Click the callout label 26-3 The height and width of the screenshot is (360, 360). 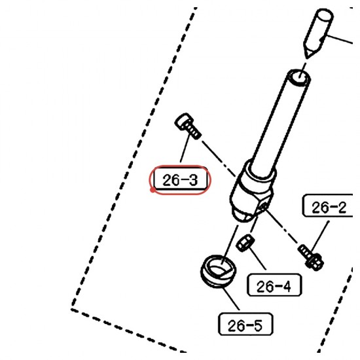(180, 180)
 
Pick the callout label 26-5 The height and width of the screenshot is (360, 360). (245, 324)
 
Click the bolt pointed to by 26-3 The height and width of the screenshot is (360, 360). (188, 126)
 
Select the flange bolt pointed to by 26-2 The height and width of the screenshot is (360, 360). (311, 257)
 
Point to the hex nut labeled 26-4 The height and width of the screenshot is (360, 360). (245, 243)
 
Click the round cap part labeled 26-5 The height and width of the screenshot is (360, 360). (219, 271)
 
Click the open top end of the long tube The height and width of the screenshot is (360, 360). (299, 78)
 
